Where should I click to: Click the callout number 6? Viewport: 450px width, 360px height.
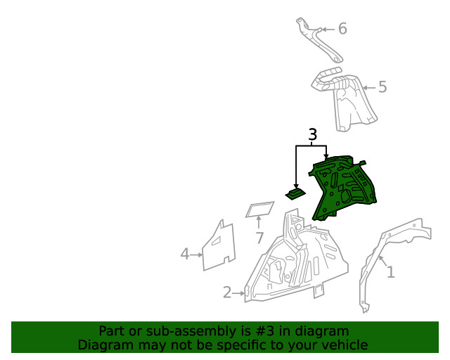342,29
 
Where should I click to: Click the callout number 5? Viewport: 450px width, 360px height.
382,86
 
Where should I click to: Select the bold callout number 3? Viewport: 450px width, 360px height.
312,134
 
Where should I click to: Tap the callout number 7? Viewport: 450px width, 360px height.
259,238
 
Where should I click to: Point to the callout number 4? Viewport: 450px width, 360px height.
185,254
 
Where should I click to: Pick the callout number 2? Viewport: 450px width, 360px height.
227,292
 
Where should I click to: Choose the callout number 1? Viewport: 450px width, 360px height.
391,272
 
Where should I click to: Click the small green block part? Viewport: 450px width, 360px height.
295,194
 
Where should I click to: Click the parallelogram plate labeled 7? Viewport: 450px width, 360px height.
259,210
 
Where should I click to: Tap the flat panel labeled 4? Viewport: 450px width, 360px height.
219,247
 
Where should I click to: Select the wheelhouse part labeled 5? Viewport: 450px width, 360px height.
345,99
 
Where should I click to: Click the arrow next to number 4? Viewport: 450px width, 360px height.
196,255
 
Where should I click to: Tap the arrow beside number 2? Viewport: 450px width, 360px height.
238,293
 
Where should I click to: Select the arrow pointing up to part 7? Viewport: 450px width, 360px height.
259,222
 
